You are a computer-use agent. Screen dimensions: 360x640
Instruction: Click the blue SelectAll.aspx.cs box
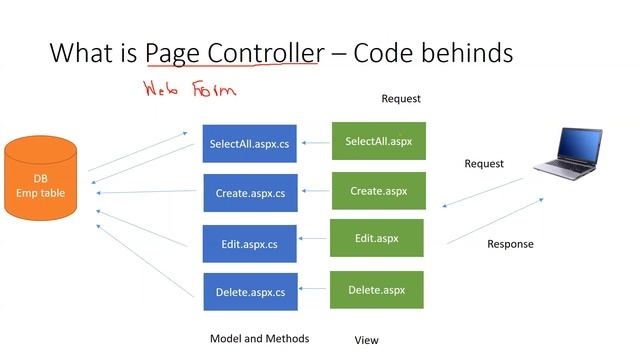click(x=250, y=144)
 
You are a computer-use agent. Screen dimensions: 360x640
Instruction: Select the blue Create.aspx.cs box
click(x=250, y=193)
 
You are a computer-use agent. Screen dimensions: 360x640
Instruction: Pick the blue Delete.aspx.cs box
click(x=250, y=292)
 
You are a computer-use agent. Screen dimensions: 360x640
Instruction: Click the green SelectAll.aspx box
click(x=378, y=141)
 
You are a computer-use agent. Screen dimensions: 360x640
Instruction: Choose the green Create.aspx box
click(x=378, y=190)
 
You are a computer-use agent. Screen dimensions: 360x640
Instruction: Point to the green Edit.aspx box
click(x=377, y=239)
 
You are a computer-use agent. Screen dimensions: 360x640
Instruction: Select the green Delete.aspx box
click(x=377, y=290)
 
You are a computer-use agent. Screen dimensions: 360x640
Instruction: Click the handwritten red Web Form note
click(x=189, y=90)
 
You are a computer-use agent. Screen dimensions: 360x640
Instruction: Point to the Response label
click(x=510, y=244)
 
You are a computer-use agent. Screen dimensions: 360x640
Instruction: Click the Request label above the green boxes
click(x=401, y=99)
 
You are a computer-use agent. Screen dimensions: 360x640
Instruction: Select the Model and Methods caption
click(x=259, y=338)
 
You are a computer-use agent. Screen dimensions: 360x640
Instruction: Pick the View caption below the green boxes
click(x=366, y=340)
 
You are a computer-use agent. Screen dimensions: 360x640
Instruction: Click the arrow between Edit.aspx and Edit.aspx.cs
click(x=314, y=240)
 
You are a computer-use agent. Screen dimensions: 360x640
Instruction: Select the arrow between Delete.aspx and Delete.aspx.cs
click(x=314, y=291)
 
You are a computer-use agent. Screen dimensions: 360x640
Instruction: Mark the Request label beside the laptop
click(x=484, y=163)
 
